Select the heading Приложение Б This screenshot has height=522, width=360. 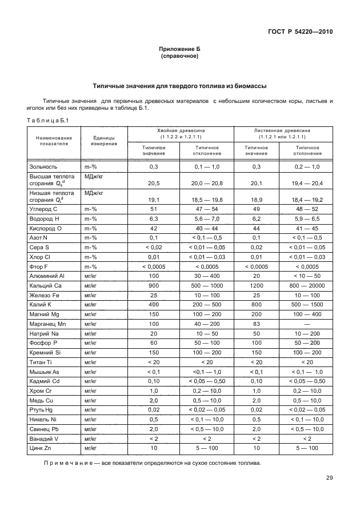point(179,50)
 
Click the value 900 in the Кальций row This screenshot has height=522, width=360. point(153,285)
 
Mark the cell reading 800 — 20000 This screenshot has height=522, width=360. point(307,285)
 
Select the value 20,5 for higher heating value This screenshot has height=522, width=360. point(153,184)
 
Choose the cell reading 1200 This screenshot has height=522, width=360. point(255,285)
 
